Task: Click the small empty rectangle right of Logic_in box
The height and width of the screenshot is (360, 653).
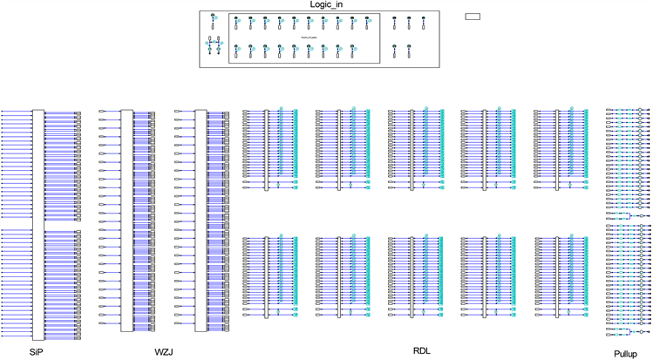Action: point(473,16)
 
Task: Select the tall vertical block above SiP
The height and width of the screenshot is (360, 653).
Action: point(37,222)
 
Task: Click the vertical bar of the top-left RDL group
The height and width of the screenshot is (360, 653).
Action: point(267,148)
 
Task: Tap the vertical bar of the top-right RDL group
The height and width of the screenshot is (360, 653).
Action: point(558,148)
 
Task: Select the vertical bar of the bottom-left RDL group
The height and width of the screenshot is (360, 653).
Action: point(267,275)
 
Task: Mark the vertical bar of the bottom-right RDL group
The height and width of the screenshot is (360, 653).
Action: point(558,275)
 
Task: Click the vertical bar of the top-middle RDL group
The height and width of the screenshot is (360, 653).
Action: point(412,148)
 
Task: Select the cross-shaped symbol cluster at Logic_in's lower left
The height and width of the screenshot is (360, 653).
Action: point(213,48)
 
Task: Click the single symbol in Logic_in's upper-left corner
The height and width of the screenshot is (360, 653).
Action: point(213,19)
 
